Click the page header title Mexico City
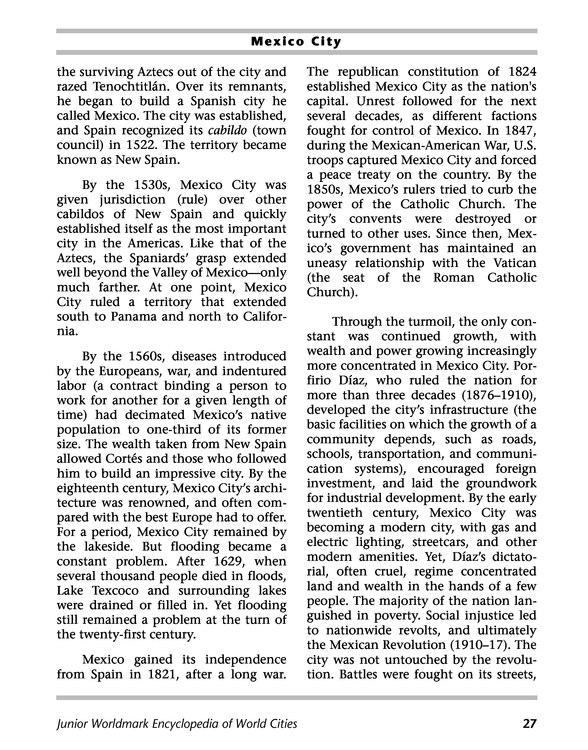296,42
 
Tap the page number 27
529,724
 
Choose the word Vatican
515,263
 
